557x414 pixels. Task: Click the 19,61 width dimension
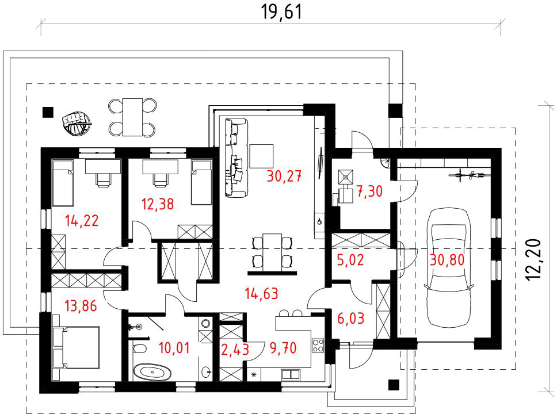(282, 11)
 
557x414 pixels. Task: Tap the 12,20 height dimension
(533, 260)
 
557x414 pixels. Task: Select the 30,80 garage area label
(447, 260)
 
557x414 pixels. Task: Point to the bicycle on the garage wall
(470, 175)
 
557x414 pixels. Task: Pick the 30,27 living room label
(284, 176)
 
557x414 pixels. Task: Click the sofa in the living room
(236, 158)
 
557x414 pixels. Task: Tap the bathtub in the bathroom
(152, 373)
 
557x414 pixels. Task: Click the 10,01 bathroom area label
(174, 348)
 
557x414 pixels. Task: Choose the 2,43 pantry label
(235, 350)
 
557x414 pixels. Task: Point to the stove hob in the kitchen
(318, 346)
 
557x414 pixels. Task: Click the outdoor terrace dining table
(132, 117)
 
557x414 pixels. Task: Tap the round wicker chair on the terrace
(76, 123)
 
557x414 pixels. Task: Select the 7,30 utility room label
(369, 191)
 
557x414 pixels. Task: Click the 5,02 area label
(350, 260)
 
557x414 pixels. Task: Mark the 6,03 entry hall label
(350, 319)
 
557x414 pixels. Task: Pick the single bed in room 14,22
(63, 183)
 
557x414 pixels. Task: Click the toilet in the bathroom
(140, 348)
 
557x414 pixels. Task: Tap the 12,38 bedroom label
(158, 204)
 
